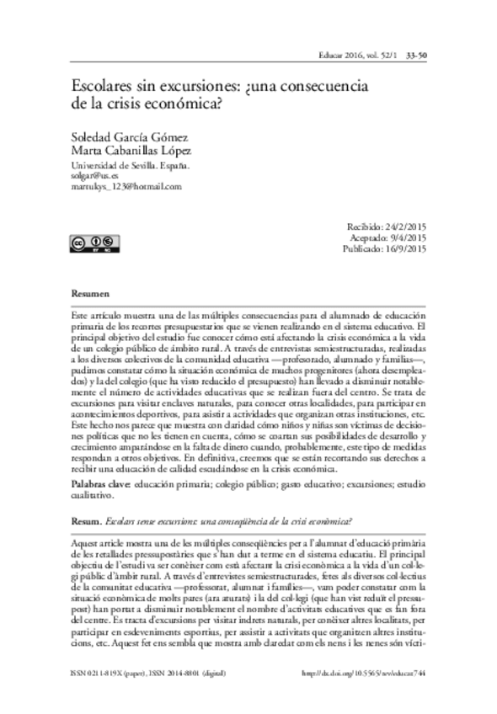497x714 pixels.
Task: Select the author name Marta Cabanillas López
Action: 128,151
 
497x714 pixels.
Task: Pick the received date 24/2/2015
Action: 406,227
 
